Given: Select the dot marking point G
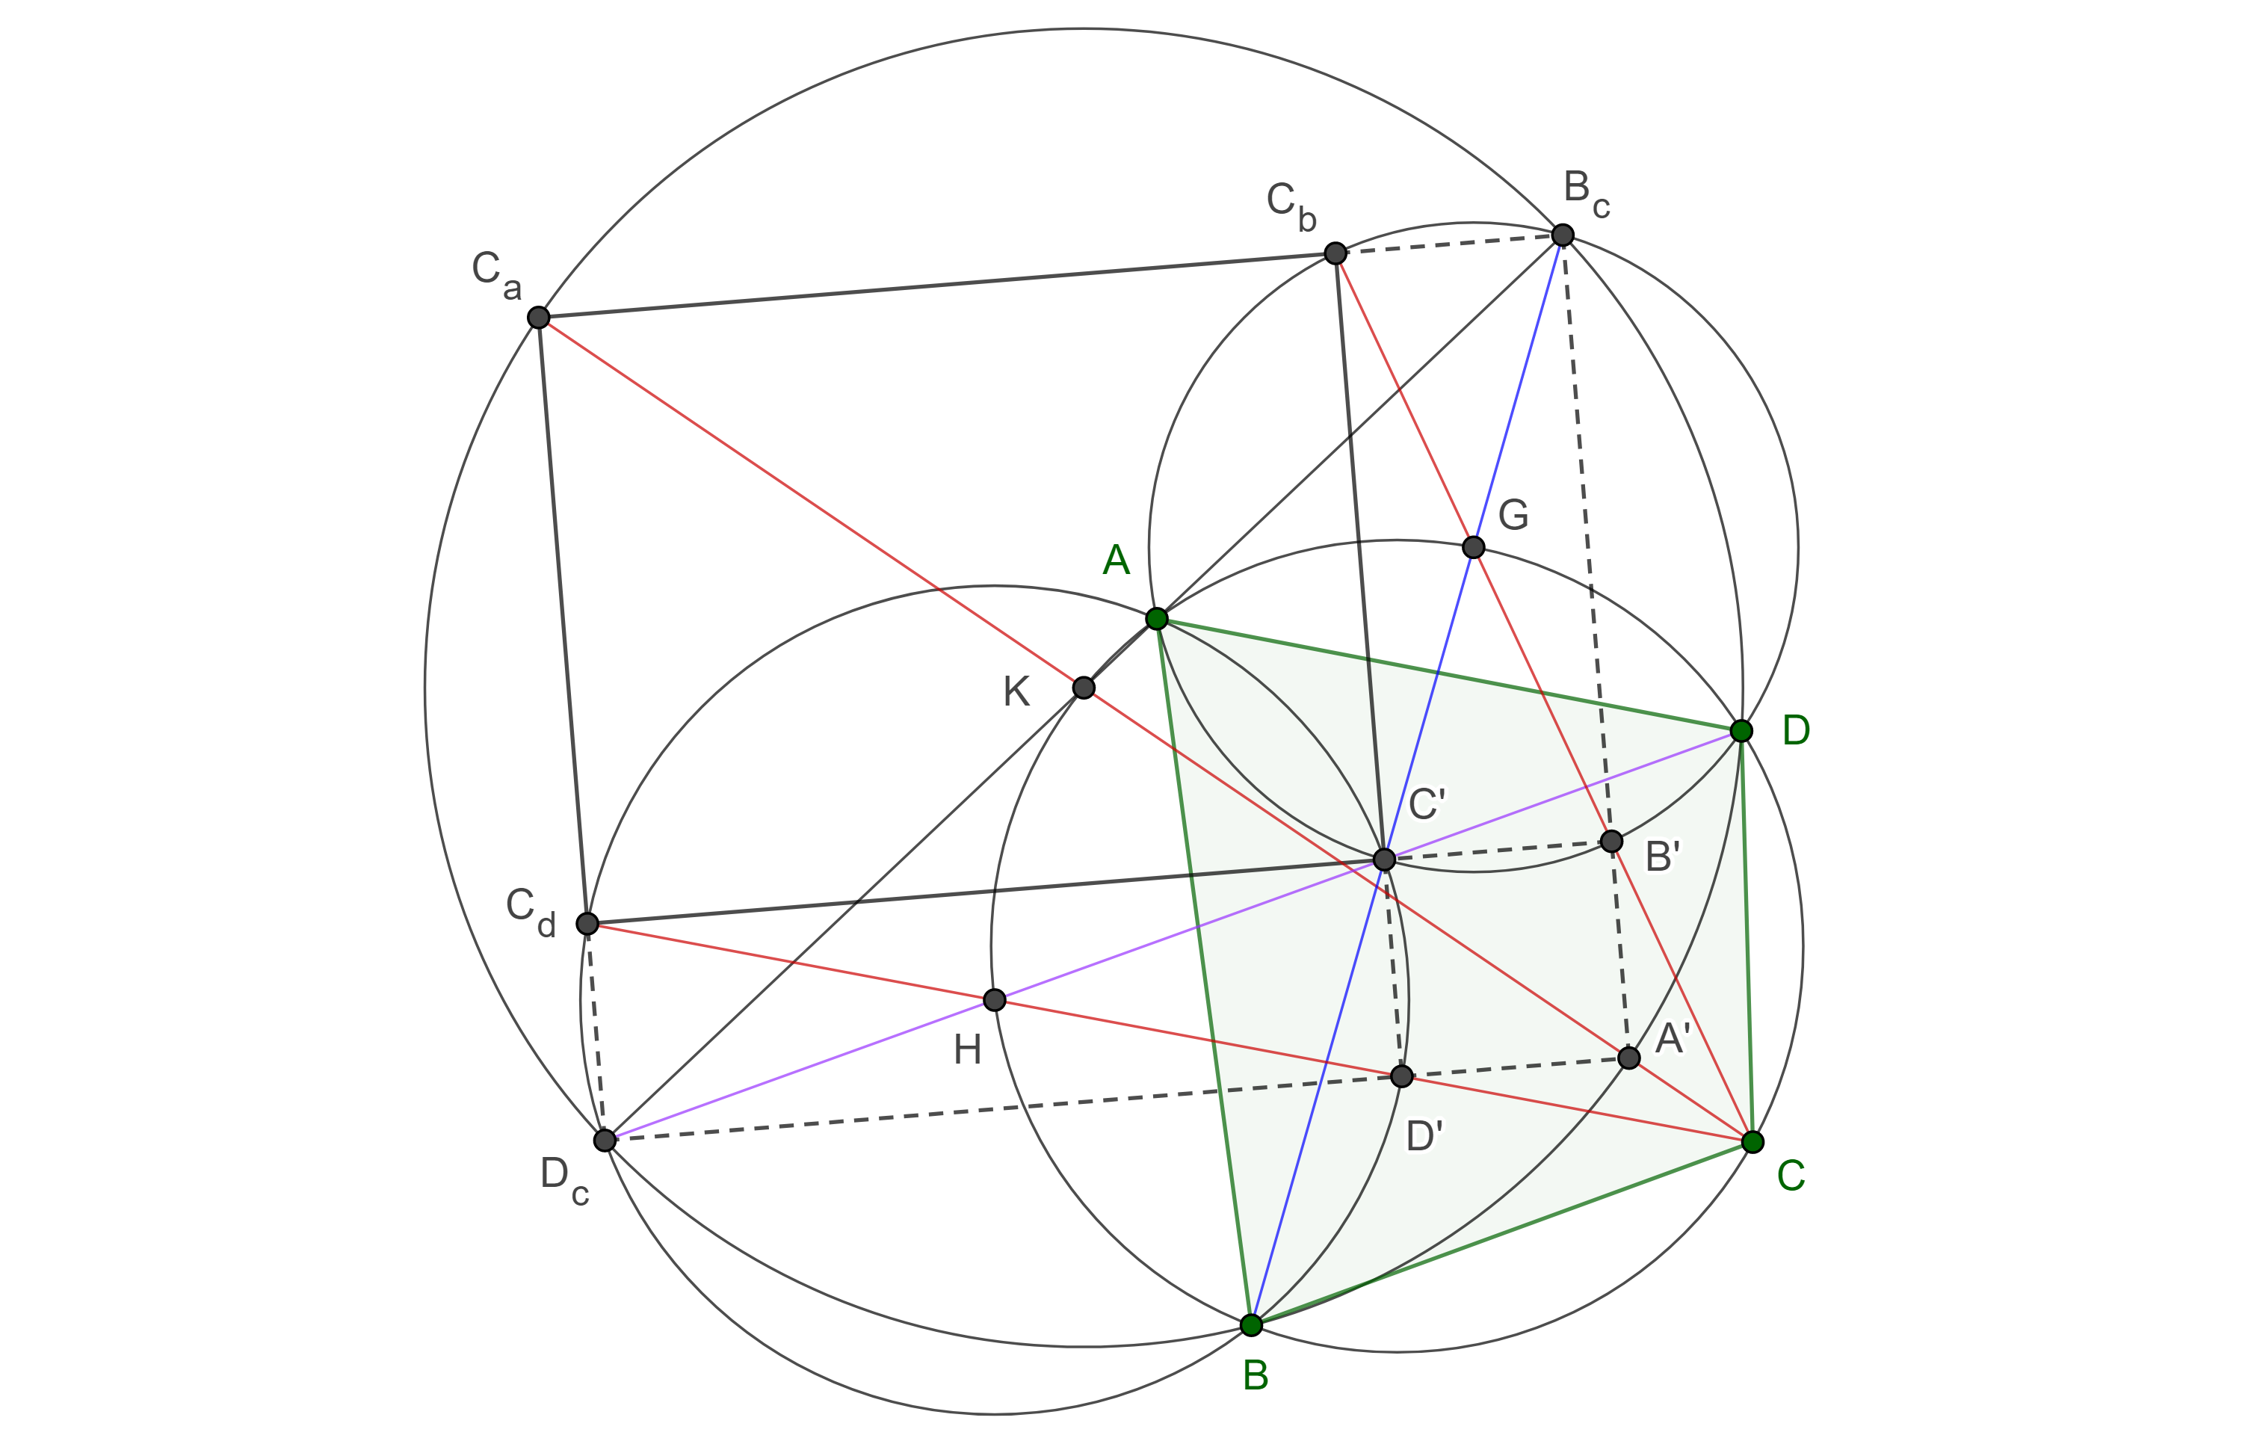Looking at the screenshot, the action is point(1474,547).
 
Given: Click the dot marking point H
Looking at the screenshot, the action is point(994,1000).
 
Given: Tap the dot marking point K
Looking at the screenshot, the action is point(1084,688).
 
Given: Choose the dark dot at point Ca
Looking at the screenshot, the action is point(538,318).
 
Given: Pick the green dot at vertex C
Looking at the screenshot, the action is point(1752,1142).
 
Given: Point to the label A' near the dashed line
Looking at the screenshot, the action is point(1673,1038).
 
